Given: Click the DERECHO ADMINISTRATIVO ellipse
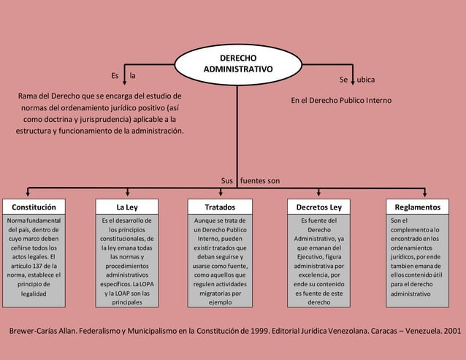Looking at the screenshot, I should pyautogui.click(x=237, y=63).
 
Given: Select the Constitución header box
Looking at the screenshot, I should pyautogui.click(x=34, y=207).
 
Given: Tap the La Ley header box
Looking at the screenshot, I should pyautogui.click(x=126, y=207).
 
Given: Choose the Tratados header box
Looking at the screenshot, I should pyautogui.click(x=219, y=207).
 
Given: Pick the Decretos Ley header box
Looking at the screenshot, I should pyautogui.click(x=318, y=207).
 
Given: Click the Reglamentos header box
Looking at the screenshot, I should pyautogui.click(x=418, y=207).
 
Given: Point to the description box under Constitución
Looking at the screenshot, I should pyautogui.click(x=34, y=261).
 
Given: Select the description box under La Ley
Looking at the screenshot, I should pyautogui.click(x=126, y=261).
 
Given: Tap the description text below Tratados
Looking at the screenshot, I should pyautogui.click(x=219, y=261).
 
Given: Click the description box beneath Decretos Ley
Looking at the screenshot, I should pyautogui.click(x=318, y=261).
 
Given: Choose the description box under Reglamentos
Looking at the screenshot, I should pyautogui.click(x=418, y=261).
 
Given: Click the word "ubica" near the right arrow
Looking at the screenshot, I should pyautogui.click(x=367, y=79).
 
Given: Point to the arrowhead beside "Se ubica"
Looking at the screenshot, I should pyautogui.click(x=353, y=80).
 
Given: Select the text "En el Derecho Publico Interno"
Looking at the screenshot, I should pyautogui.click(x=341, y=100).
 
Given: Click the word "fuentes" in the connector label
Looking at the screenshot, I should pyautogui.click(x=255, y=180).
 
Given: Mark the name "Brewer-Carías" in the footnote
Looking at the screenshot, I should pyautogui.click(x=35, y=331).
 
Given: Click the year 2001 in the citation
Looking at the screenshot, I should pyautogui.click(x=451, y=331).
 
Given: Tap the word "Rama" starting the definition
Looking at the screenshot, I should pyautogui.click(x=28, y=96).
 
